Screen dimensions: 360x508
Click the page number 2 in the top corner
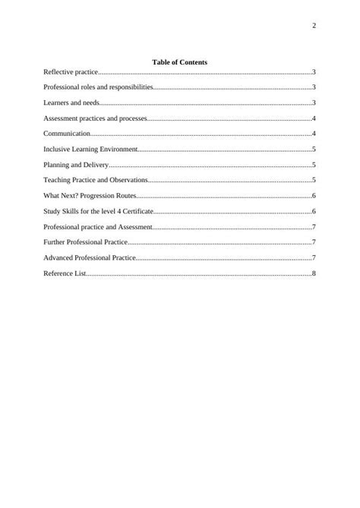[314, 27]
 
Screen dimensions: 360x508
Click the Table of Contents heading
[180, 62]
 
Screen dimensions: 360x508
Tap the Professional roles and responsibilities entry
[99, 87]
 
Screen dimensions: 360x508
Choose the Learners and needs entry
[71, 103]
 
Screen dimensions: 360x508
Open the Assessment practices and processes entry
[95, 118]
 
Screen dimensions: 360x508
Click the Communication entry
[67, 134]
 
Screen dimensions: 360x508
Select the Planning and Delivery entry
[77, 165]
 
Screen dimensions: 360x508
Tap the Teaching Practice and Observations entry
[95, 181]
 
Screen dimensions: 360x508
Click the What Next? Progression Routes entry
[90, 196]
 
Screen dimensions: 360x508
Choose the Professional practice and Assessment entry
[98, 227]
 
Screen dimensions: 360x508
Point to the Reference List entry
[65, 273]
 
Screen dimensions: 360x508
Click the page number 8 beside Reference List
[314, 273]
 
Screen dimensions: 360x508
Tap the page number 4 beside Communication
[314, 134]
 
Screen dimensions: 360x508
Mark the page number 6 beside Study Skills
[314, 211]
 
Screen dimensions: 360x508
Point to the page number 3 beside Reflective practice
[314, 71]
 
